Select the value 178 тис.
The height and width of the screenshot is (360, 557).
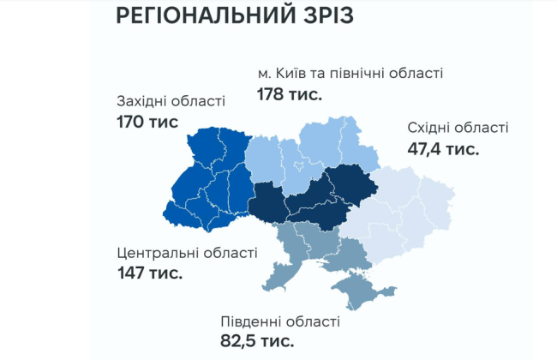289,93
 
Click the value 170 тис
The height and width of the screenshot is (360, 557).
147,122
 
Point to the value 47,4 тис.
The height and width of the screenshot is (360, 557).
443,148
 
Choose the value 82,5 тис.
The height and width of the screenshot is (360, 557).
257,341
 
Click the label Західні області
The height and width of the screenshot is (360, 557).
171,101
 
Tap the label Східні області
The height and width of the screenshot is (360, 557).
458,128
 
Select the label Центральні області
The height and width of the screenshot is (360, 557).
187,253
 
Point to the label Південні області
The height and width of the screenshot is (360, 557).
280,321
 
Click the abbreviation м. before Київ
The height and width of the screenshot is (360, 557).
264,74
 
